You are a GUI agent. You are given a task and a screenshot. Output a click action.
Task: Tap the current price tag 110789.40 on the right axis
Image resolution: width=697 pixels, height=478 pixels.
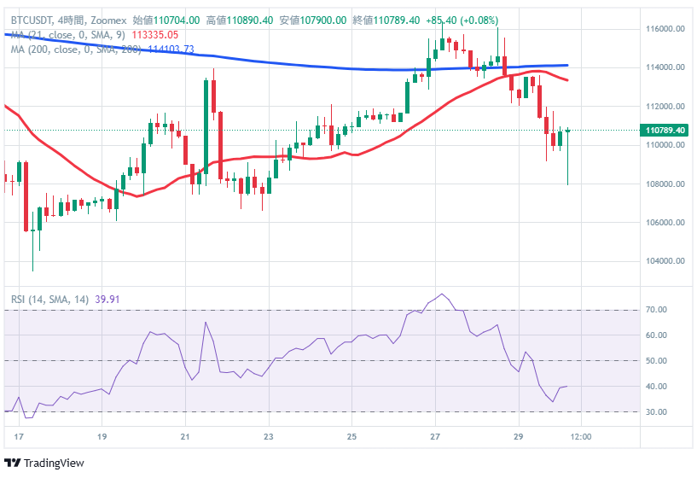(x=665, y=131)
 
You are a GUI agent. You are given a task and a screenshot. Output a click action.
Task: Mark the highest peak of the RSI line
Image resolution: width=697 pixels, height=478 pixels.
(x=441, y=294)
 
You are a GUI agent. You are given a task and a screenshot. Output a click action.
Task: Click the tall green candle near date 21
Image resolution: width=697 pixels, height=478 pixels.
(x=206, y=128)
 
